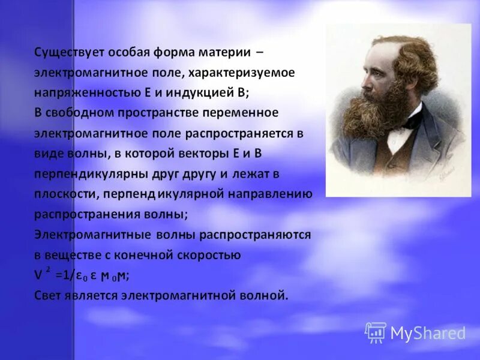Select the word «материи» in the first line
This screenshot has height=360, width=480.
point(221,52)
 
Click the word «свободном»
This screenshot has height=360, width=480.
point(82,113)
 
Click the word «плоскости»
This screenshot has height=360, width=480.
point(66,194)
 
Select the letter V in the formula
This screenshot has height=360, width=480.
point(38,275)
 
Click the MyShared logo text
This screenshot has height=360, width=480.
point(428,333)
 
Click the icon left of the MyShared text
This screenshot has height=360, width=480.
point(376,332)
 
